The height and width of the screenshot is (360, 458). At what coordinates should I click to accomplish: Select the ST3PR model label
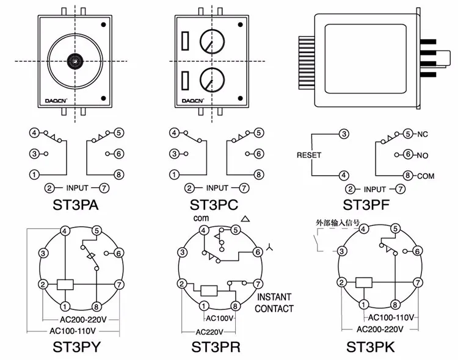(216, 347)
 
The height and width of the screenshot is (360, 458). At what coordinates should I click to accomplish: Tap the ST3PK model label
(372, 347)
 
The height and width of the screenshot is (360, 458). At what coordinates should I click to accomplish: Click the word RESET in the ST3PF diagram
(308, 155)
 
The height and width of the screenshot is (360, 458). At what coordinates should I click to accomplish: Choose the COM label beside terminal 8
(426, 176)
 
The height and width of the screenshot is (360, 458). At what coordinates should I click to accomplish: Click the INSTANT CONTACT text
(274, 303)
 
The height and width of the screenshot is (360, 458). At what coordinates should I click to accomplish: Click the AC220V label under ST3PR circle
(209, 333)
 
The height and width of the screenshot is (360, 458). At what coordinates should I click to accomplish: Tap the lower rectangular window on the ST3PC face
(184, 80)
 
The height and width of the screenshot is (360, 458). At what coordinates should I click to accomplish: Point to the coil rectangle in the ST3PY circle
(65, 284)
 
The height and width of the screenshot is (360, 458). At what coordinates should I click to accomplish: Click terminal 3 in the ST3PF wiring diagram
(344, 134)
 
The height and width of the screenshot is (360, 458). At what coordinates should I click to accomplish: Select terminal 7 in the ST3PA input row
(104, 189)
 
